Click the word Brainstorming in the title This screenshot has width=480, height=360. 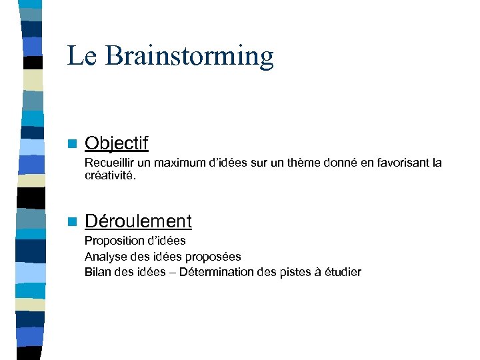189,57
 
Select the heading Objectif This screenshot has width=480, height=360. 117,143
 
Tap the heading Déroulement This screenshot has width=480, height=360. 138,221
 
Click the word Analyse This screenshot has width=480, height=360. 104,257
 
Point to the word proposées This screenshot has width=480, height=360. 215,257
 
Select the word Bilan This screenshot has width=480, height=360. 97,272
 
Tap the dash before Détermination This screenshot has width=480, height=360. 173,272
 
